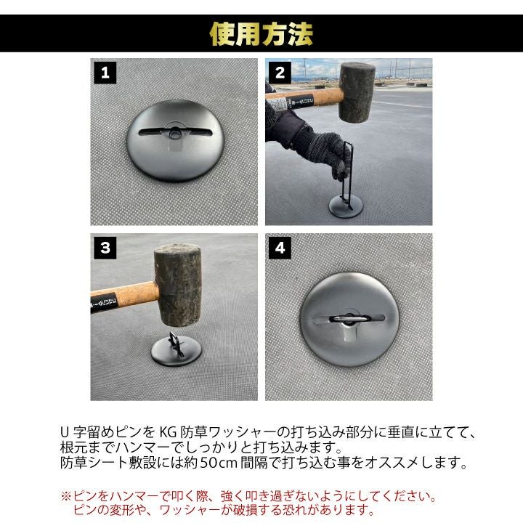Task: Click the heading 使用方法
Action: pos(261,34)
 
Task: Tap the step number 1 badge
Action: pos(105,73)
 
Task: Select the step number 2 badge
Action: pos(280,73)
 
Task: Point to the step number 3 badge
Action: pos(105,248)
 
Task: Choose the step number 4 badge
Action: pos(280,248)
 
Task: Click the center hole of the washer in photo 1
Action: pos(175,134)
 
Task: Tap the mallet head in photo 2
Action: pos(357,92)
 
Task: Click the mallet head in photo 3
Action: pos(178,285)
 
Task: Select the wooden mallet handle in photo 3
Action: pos(124,296)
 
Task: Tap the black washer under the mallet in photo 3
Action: pos(176,352)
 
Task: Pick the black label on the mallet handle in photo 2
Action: pos(300,102)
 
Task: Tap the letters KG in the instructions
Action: pos(168,433)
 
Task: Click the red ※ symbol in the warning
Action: pos(66,496)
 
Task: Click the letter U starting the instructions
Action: pos(65,433)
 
